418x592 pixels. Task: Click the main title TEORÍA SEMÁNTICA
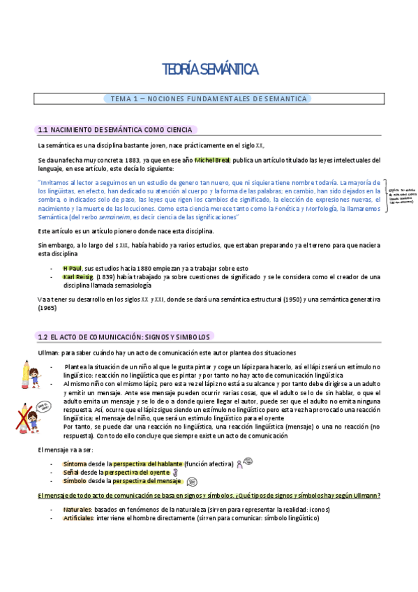pyautogui.click(x=209, y=69)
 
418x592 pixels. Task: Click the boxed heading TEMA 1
pyautogui.click(x=209, y=99)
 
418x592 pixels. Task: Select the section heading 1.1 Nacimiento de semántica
pyautogui.click(x=117, y=129)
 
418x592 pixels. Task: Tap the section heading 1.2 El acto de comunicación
pyautogui.click(x=126, y=336)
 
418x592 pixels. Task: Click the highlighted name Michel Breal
pyautogui.click(x=212, y=160)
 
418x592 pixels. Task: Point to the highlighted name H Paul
pyautogui.click(x=73, y=267)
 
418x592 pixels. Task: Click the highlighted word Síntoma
pyautogui.click(x=75, y=463)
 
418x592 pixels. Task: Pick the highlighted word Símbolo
pyautogui.click(x=75, y=481)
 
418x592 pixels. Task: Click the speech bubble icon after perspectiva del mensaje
pyautogui.click(x=193, y=481)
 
